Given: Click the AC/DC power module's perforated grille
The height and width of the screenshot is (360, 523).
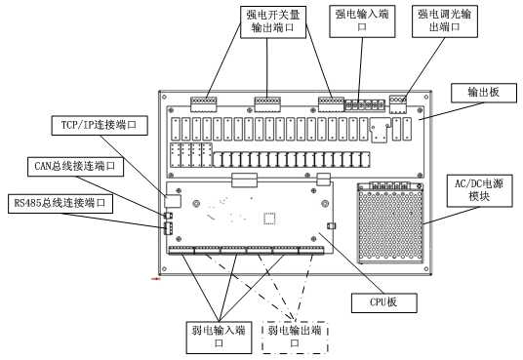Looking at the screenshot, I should (x=391, y=226).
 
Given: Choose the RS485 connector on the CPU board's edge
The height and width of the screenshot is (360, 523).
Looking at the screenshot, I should (x=169, y=228).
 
